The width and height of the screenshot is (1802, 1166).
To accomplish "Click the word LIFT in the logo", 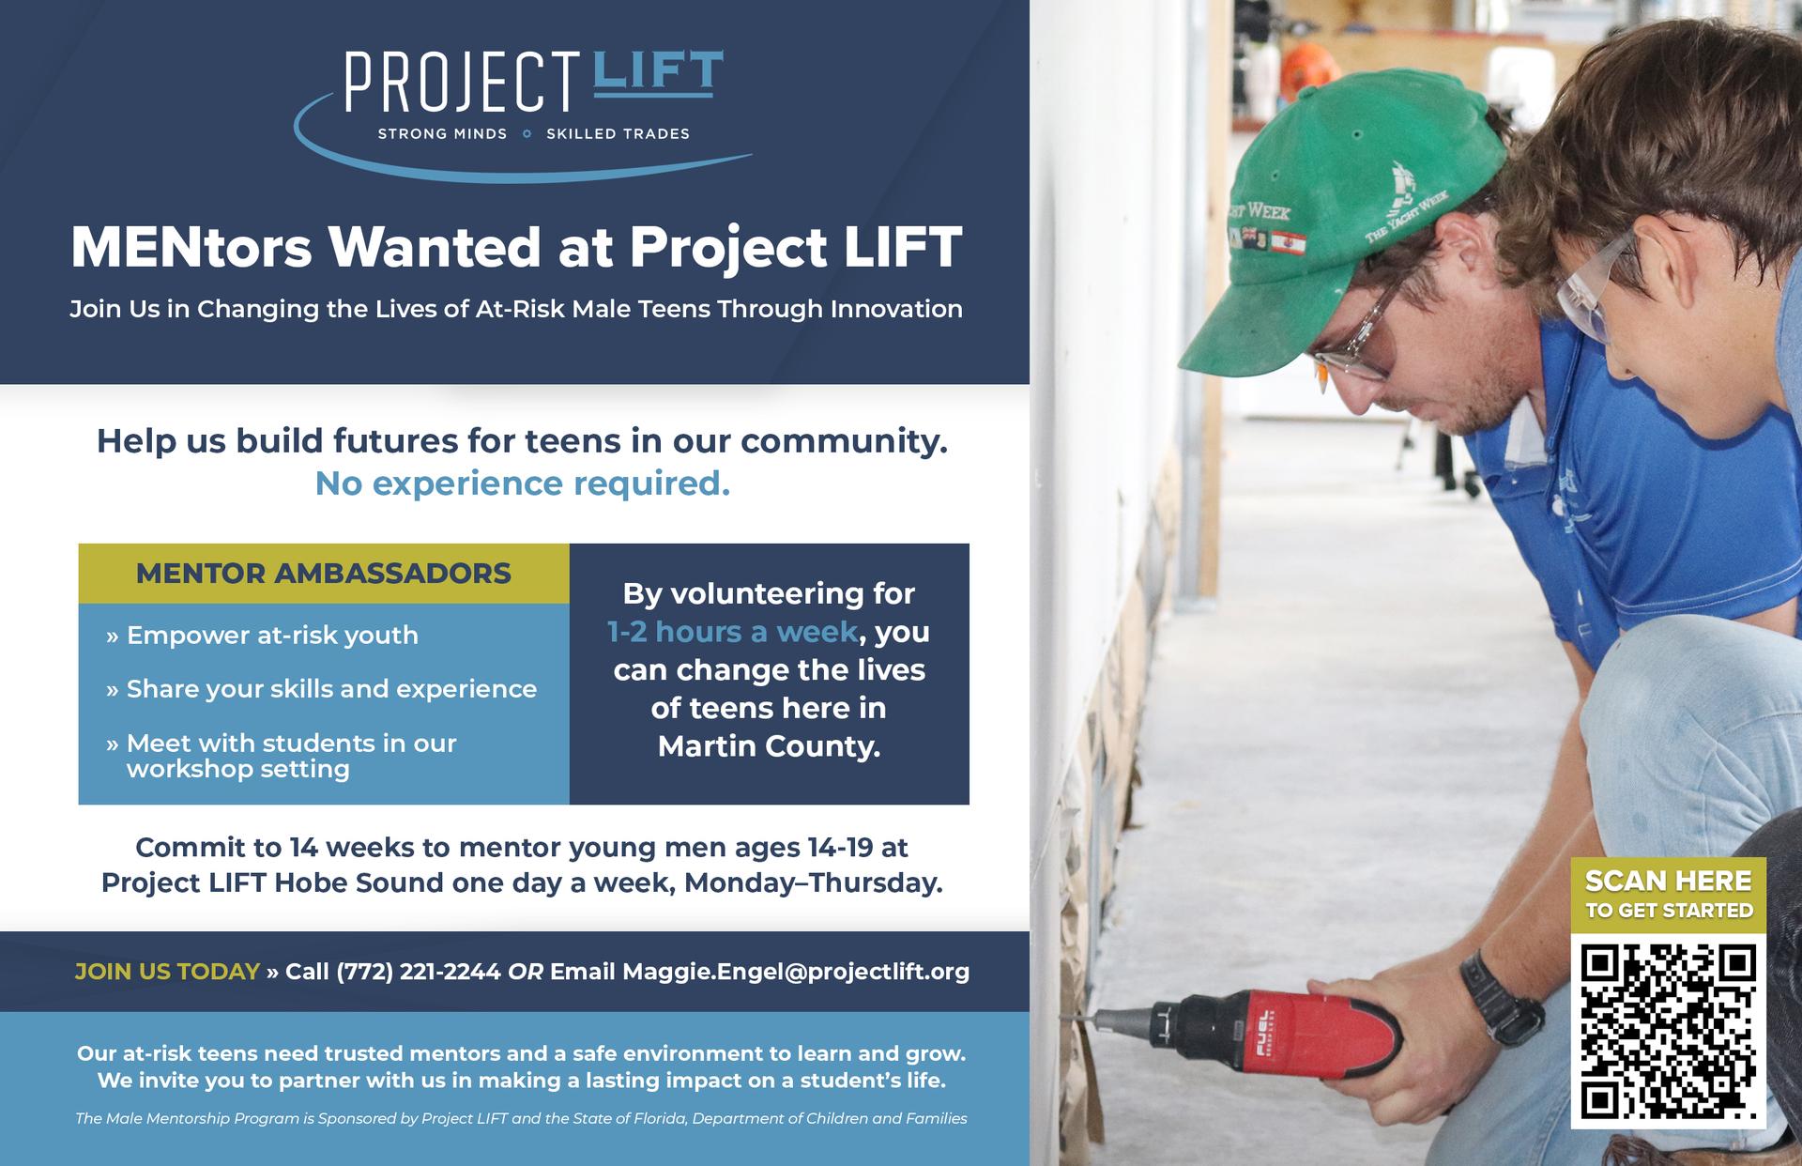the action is pyautogui.click(x=658, y=72).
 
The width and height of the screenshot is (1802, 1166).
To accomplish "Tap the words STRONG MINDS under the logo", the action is pyautogui.click(x=442, y=134).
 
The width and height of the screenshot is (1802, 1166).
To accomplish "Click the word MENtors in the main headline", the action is pyautogui.click(x=191, y=247).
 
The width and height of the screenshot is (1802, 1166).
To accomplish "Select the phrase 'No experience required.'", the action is pyautogui.click(x=522, y=483).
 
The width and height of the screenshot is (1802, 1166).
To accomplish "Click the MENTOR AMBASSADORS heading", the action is pyautogui.click(x=324, y=573).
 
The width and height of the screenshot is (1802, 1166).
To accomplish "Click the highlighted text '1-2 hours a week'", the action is pyautogui.click(x=733, y=632).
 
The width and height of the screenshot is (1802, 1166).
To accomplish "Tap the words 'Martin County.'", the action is pyautogui.click(x=770, y=746).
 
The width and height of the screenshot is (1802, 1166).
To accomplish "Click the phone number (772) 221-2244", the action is pyautogui.click(x=419, y=972).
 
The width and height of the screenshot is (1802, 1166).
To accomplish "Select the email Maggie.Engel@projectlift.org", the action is pyautogui.click(x=796, y=972).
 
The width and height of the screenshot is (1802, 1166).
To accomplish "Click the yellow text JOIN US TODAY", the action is pyautogui.click(x=167, y=972).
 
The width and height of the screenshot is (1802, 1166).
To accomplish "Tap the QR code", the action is pyautogui.click(x=1669, y=1032).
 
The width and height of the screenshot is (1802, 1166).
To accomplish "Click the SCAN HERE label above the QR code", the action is pyautogui.click(x=1669, y=881).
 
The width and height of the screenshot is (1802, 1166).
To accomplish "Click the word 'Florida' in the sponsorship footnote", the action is pyautogui.click(x=653, y=1118).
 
